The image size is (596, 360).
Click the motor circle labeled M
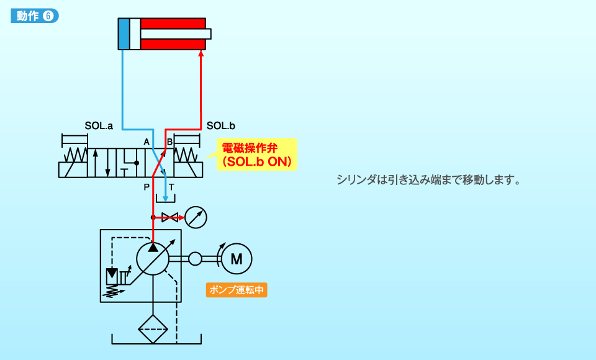pos(237,258)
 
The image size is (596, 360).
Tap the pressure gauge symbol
pos(196,217)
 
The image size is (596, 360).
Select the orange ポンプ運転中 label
pos(237,290)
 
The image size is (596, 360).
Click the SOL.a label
pos(99,125)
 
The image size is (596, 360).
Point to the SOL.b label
pos(220,125)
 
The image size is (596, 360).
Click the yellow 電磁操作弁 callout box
pos(257,155)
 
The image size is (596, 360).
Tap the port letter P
pos(147,186)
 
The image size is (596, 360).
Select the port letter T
pos(171,186)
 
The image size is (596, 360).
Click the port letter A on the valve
pos(147,142)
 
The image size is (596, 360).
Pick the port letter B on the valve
pos(169,142)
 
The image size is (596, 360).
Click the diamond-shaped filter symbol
pos(153,329)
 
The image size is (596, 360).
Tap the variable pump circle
pos(153,258)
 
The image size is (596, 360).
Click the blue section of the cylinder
pos(124,34)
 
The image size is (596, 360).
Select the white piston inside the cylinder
pos(135,34)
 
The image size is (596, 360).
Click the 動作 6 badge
pos(35,17)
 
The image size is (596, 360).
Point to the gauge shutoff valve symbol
pos(168,217)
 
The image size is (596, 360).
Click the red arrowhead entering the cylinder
pos(201,55)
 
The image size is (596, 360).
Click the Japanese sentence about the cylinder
pos(428,181)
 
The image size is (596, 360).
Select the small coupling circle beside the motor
pos(196,258)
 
